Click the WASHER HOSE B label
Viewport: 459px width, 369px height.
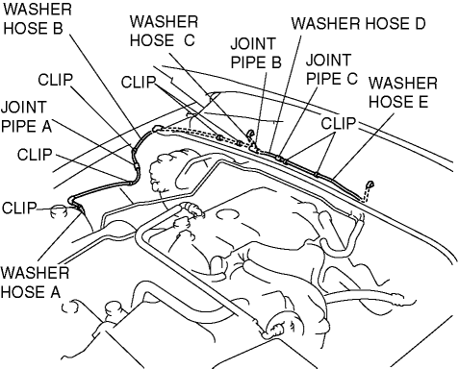tap(38, 18)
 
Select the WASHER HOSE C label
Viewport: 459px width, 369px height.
tap(164, 31)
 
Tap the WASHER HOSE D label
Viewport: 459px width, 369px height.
tap(358, 24)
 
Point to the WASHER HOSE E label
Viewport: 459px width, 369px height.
tap(403, 92)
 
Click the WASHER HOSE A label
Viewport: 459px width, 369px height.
tap(35, 283)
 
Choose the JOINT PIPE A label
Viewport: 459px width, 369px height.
tap(26, 116)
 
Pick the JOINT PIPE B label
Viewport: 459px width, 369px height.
tap(256, 53)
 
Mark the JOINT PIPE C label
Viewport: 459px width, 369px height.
tap(332, 69)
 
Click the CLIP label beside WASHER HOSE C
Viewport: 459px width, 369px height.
tap(139, 83)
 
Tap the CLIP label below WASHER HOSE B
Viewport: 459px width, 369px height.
tap(56, 80)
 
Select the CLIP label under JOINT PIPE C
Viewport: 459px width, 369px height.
tap(339, 123)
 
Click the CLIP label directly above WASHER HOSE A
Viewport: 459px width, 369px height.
tap(19, 208)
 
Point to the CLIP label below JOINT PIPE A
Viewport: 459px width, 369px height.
tap(35, 155)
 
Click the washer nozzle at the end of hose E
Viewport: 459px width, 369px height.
tap(370, 184)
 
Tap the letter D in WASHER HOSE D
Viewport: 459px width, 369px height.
tap(419, 24)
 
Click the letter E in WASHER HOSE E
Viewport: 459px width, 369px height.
tap(422, 102)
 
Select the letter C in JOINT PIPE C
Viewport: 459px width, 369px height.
tap(351, 79)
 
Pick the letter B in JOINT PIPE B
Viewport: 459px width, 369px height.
tap(276, 62)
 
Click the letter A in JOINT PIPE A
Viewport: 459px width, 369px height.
tap(46, 126)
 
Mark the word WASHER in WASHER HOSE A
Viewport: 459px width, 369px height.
tap(35, 273)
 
